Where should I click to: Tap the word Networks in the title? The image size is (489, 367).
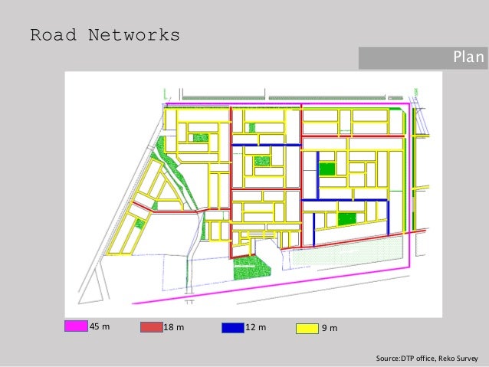pyautogui.click(x=133, y=35)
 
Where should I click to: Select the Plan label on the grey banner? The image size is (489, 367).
pyautogui.click(x=468, y=57)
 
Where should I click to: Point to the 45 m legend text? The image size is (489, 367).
pyautogui.click(x=100, y=327)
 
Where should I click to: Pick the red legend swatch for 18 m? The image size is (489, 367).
pyautogui.click(x=152, y=327)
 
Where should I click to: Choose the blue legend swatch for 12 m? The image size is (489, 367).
pyautogui.click(x=232, y=327)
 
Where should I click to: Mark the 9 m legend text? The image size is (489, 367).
pyautogui.click(x=330, y=328)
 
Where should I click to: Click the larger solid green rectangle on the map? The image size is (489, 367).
pyautogui.click(x=347, y=218)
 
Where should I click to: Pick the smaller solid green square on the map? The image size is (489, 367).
pyautogui.click(x=327, y=169)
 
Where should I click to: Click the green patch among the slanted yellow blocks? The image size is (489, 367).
pyautogui.click(x=139, y=223)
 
